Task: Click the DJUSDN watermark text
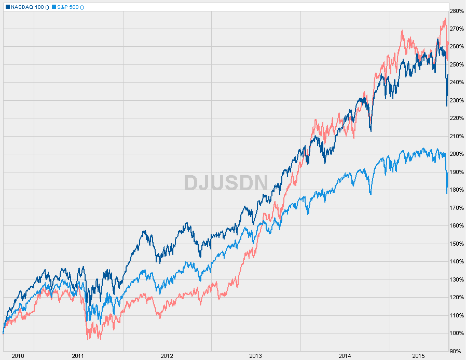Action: tap(226, 182)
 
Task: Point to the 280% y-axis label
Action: tap(457, 11)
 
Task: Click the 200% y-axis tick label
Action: tap(457, 154)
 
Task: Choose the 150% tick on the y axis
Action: tap(457, 244)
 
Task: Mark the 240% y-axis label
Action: tap(457, 83)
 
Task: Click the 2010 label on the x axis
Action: tap(18, 356)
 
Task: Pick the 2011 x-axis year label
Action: tap(78, 356)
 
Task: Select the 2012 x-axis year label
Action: tap(167, 356)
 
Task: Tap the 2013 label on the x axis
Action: tap(256, 356)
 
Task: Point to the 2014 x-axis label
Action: tap(345, 356)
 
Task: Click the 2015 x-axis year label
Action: tap(418, 356)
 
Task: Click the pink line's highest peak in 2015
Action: tap(445, 19)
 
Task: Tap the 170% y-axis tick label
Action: tap(457, 208)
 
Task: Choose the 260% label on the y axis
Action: tap(457, 47)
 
